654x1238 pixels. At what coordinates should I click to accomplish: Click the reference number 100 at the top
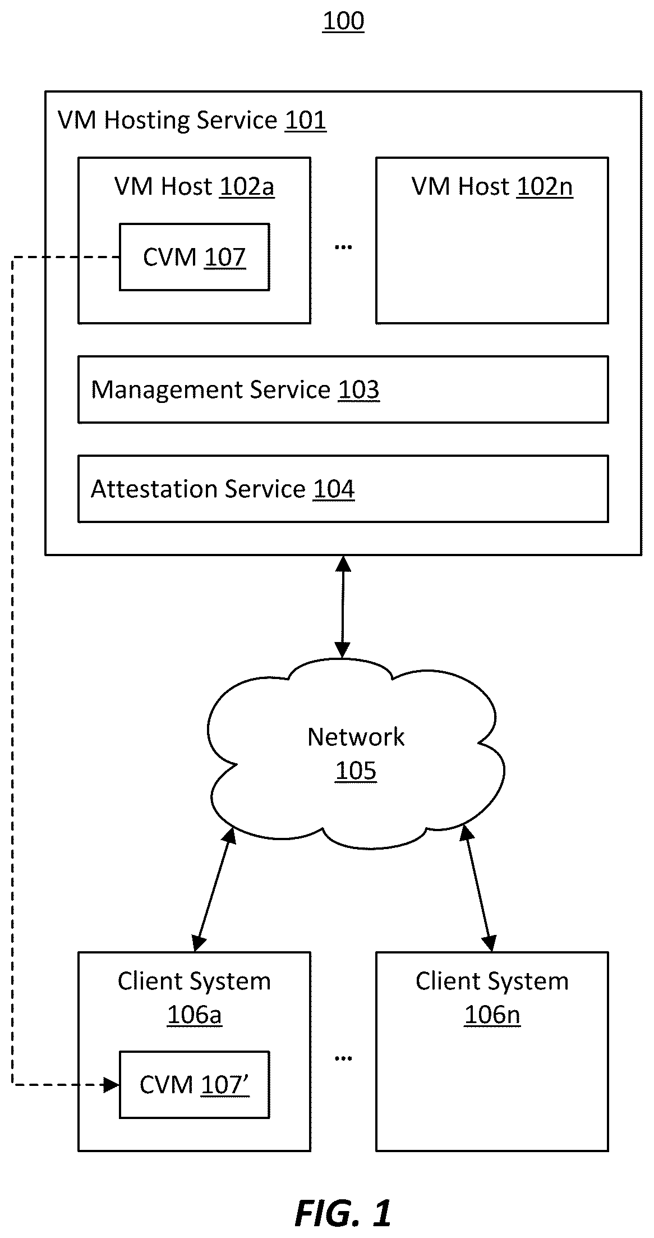click(343, 21)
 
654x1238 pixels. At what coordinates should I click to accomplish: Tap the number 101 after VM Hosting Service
click(305, 121)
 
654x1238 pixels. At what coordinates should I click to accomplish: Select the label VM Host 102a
click(194, 187)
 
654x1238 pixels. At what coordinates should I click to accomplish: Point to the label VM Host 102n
click(492, 187)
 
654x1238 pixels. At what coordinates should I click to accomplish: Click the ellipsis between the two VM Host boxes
click(343, 246)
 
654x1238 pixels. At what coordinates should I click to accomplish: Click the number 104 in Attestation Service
click(334, 489)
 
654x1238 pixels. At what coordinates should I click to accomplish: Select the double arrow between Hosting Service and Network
click(343, 607)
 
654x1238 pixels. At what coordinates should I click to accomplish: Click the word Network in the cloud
click(356, 737)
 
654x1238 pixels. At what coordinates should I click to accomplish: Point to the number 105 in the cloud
click(356, 771)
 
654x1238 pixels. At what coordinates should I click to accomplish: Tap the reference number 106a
click(195, 1015)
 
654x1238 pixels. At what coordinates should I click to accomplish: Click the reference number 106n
click(492, 1015)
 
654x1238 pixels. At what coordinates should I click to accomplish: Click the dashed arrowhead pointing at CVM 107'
click(112, 1085)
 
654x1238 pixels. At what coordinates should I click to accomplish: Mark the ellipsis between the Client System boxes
click(343, 1058)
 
